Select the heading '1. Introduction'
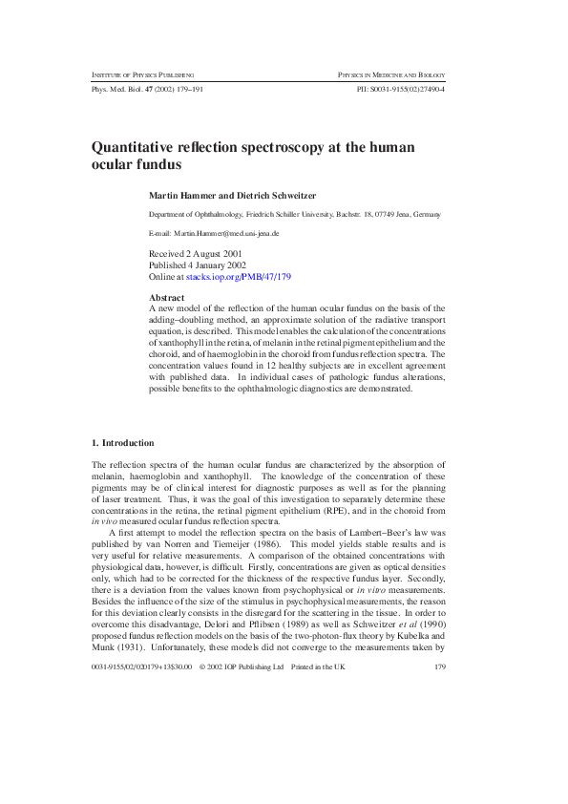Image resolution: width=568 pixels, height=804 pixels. tap(122, 443)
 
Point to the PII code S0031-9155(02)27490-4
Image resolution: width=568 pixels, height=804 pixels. tap(400, 88)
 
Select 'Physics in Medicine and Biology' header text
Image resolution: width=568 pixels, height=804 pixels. tap(391, 74)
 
